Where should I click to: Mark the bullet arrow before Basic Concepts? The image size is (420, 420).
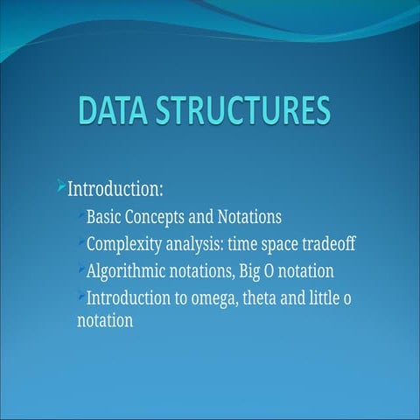point(81,213)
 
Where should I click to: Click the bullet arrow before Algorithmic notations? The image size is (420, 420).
point(81,268)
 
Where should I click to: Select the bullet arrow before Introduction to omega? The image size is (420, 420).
point(81,295)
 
